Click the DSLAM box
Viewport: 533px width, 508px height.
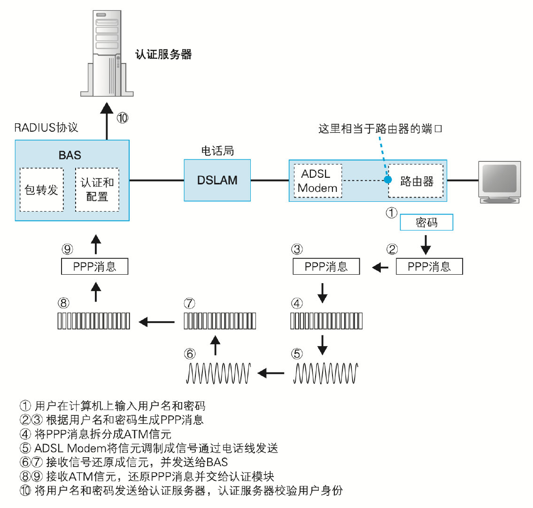tap(217, 180)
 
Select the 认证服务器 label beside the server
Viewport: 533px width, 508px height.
tap(163, 55)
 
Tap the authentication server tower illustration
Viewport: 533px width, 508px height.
tap(107, 52)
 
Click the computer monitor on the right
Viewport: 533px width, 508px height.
tap(499, 182)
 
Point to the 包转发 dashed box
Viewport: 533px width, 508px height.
tap(41, 190)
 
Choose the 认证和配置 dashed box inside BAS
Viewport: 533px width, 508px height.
tap(97, 190)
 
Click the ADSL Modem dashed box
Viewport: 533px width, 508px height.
tap(317, 181)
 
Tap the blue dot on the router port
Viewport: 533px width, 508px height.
tap(388, 180)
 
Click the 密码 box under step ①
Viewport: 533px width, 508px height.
tap(426, 222)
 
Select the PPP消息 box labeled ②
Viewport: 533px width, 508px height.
tap(429, 267)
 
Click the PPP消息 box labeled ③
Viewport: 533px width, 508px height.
tap(326, 267)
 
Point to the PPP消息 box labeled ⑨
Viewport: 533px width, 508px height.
tap(95, 267)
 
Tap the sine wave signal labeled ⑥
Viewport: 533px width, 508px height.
tap(219, 373)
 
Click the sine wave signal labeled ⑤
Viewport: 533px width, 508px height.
tap(326, 373)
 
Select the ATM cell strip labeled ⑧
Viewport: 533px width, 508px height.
tap(94, 321)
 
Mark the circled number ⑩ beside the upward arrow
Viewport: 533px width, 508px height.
tap(122, 118)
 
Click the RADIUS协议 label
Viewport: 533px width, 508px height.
tap(46, 127)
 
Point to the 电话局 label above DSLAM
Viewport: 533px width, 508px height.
tap(217, 151)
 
